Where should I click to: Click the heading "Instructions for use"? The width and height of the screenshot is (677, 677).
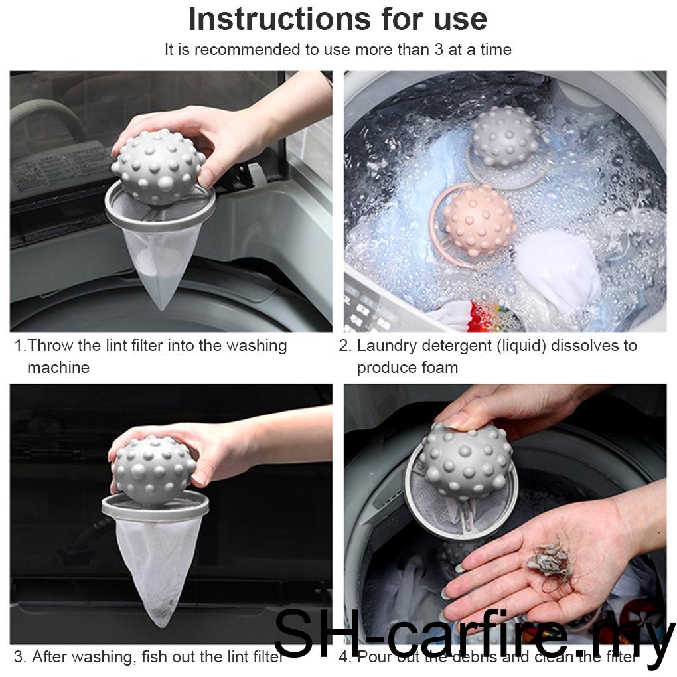338,19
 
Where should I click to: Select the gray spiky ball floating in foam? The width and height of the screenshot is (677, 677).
504,137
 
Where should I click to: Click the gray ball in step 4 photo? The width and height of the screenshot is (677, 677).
466,459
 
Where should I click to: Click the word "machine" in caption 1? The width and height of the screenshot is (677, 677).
58,368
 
